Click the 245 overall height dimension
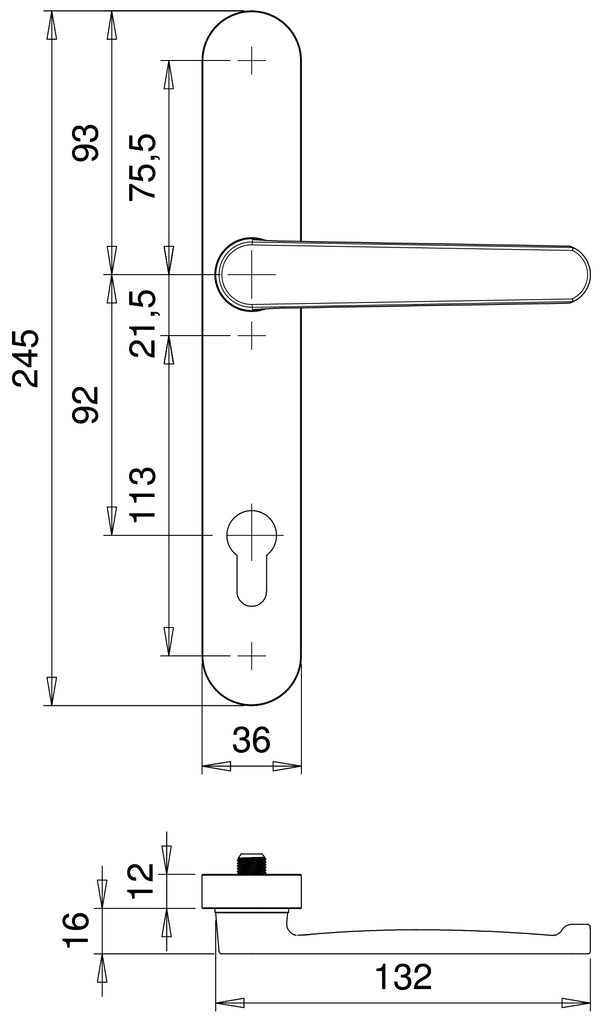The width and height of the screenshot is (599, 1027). click(25, 358)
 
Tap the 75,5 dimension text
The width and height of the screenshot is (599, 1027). click(142, 166)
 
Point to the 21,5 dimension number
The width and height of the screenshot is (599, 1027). click(142, 323)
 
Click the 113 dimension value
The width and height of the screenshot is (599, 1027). click(143, 495)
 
